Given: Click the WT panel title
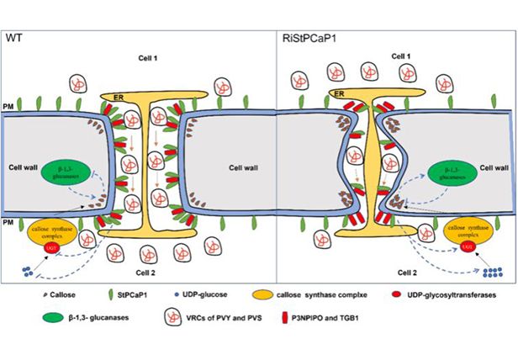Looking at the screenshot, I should pyautogui.click(x=13, y=38).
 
